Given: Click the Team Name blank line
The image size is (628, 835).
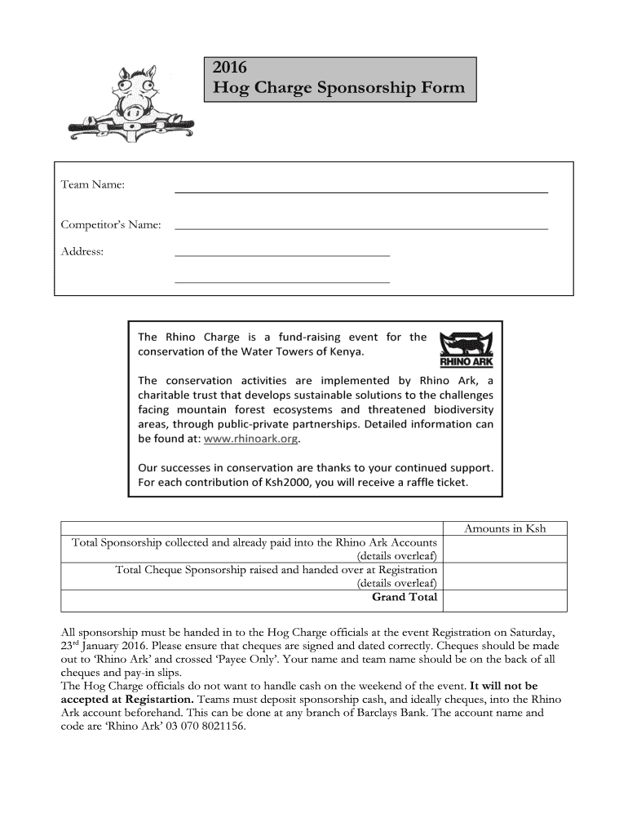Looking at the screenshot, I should [x=361, y=191].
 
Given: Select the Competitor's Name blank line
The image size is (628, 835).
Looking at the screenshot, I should [x=361, y=228].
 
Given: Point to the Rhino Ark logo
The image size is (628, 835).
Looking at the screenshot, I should [x=466, y=349].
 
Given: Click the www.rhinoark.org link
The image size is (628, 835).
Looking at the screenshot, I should [x=251, y=440].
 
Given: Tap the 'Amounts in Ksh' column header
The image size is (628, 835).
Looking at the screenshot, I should [x=505, y=529].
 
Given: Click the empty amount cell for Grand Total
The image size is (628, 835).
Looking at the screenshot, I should [x=505, y=599].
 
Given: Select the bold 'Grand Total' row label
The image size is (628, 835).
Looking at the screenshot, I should [x=405, y=598].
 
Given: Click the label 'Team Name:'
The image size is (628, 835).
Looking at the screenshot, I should [x=93, y=186].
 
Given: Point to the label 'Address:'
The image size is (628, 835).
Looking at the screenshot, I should [x=82, y=251].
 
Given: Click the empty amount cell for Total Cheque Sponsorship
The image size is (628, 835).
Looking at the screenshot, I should [x=505, y=576].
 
